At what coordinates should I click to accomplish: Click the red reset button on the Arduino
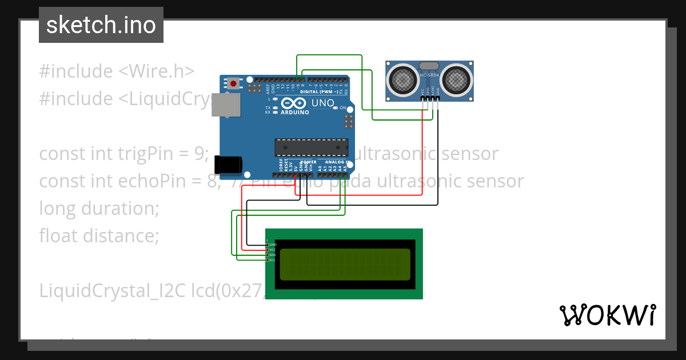tap(233, 83)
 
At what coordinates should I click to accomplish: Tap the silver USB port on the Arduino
tap(225, 105)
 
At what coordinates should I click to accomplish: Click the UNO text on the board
tap(322, 103)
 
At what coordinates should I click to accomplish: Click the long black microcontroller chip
tap(310, 147)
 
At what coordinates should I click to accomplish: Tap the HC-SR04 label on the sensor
tap(430, 75)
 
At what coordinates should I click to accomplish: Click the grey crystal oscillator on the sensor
tap(430, 66)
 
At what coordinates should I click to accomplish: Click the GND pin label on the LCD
tap(272, 245)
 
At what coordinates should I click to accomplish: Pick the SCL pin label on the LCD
tap(272, 260)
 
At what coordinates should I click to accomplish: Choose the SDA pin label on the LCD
tap(272, 255)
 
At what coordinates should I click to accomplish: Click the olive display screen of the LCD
tap(345, 264)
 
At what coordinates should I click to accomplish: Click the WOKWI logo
tap(607, 315)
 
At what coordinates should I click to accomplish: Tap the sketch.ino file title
tap(101, 25)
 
